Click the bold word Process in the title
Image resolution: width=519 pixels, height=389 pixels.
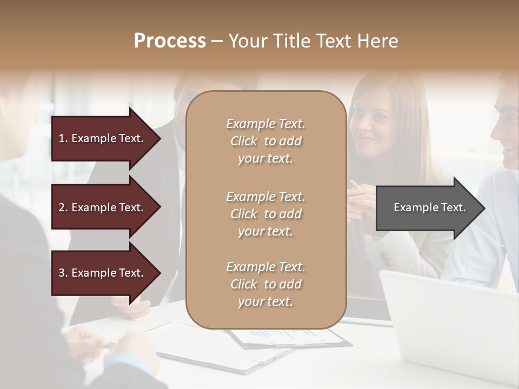pyautogui.click(x=170, y=41)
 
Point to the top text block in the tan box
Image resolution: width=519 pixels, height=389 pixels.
pyautogui.click(x=265, y=141)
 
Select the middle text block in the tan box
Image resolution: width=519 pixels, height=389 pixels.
pyautogui.click(x=265, y=214)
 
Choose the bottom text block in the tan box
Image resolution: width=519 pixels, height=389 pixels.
pyautogui.click(x=265, y=284)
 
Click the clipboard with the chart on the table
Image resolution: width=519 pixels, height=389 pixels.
pyautogui.click(x=292, y=338)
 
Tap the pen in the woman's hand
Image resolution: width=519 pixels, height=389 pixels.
pyautogui.click(x=355, y=184)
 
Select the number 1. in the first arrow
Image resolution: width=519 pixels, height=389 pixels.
pyautogui.click(x=63, y=138)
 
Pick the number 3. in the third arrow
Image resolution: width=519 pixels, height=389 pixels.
pyautogui.click(x=63, y=273)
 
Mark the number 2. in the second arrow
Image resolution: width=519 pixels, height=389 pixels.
pyautogui.click(x=63, y=207)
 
